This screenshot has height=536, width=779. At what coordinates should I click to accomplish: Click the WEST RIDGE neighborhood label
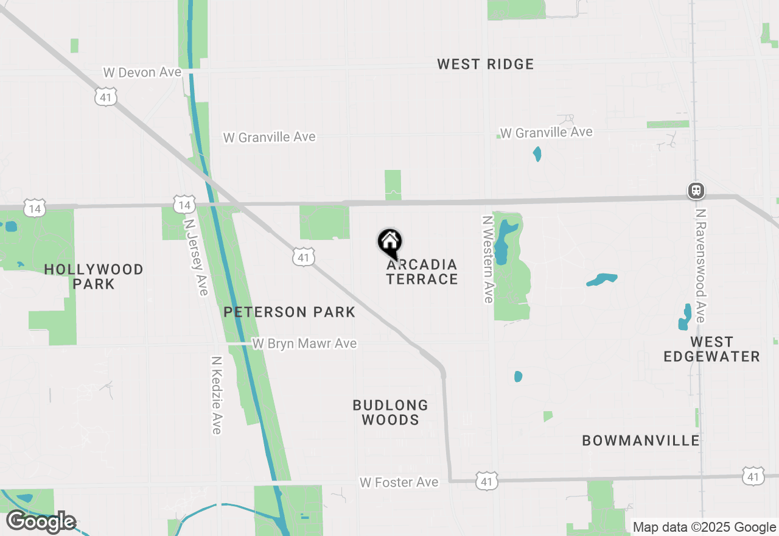[485, 64]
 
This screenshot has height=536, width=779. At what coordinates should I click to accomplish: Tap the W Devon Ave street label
[142, 72]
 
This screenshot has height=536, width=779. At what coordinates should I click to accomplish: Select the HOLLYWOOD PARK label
[94, 277]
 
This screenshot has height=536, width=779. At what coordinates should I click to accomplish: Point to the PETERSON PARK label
[289, 312]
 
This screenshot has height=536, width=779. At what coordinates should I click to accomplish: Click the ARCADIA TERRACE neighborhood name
[422, 272]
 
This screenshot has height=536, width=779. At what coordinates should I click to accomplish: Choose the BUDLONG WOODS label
[390, 412]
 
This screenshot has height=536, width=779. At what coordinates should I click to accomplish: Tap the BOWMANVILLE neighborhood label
[641, 440]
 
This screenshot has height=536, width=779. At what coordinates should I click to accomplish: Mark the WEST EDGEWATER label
[711, 349]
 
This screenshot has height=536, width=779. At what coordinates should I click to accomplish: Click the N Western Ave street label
[487, 259]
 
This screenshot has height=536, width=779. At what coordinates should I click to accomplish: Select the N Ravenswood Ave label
[700, 266]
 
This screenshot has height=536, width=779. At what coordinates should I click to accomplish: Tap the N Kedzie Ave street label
[216, 395]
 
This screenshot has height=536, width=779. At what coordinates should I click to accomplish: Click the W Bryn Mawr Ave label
[304, 344]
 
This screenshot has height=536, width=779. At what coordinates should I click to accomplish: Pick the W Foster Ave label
[399, 482]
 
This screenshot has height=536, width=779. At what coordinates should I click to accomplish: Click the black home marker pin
[389, 242]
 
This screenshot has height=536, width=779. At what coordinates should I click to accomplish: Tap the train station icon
[696, 191]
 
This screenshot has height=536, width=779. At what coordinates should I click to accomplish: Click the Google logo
[41, 522]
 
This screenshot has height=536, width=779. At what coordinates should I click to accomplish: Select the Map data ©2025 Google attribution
[704, 527]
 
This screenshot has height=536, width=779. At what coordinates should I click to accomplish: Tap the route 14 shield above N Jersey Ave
[184, 204]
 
